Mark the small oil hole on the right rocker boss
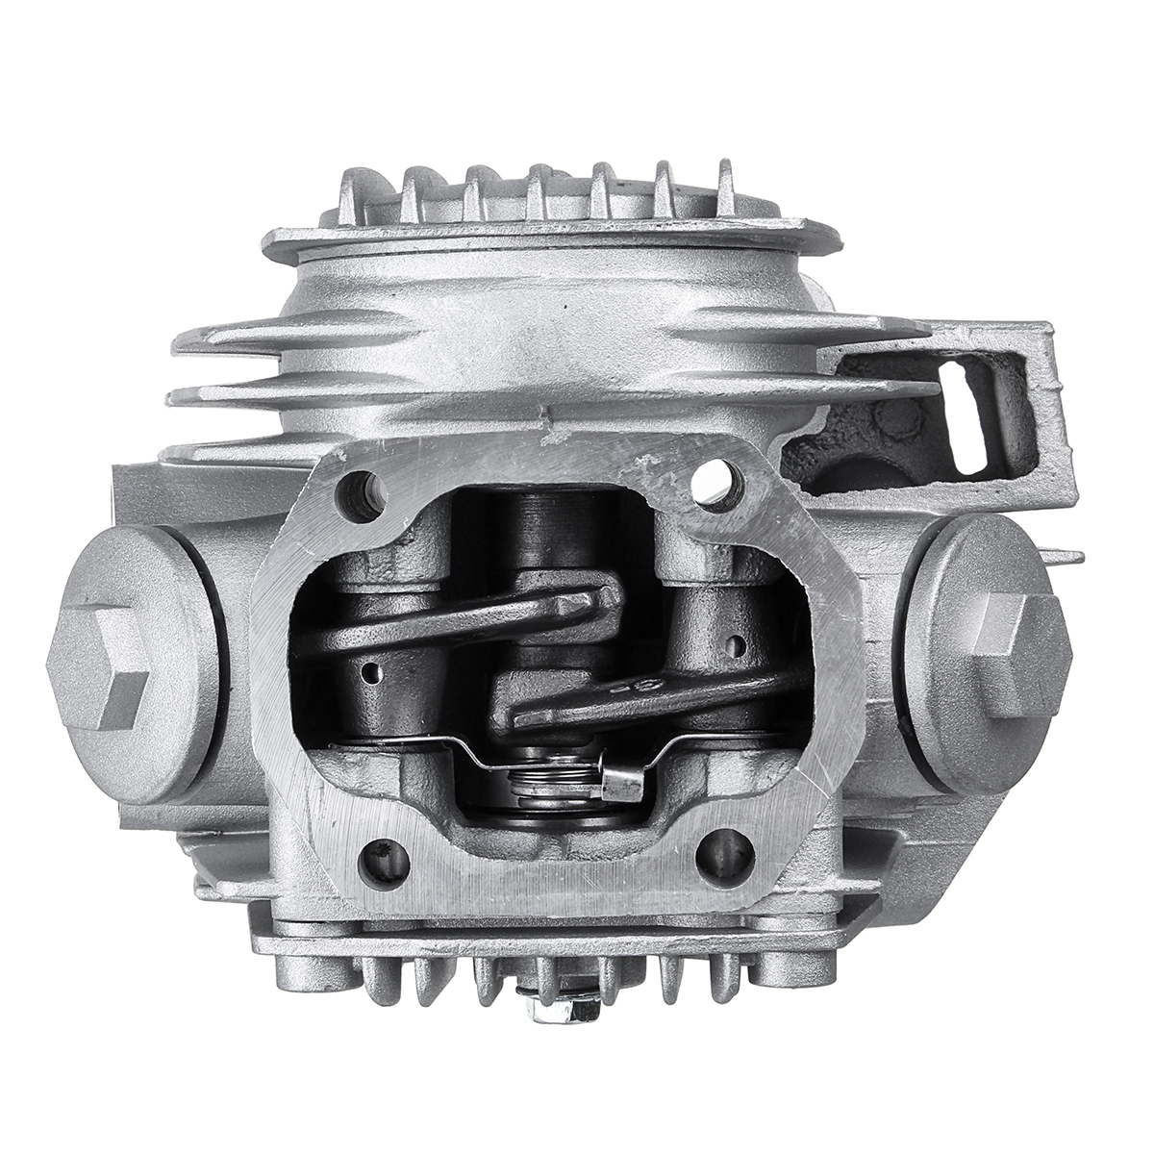(736, 641)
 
